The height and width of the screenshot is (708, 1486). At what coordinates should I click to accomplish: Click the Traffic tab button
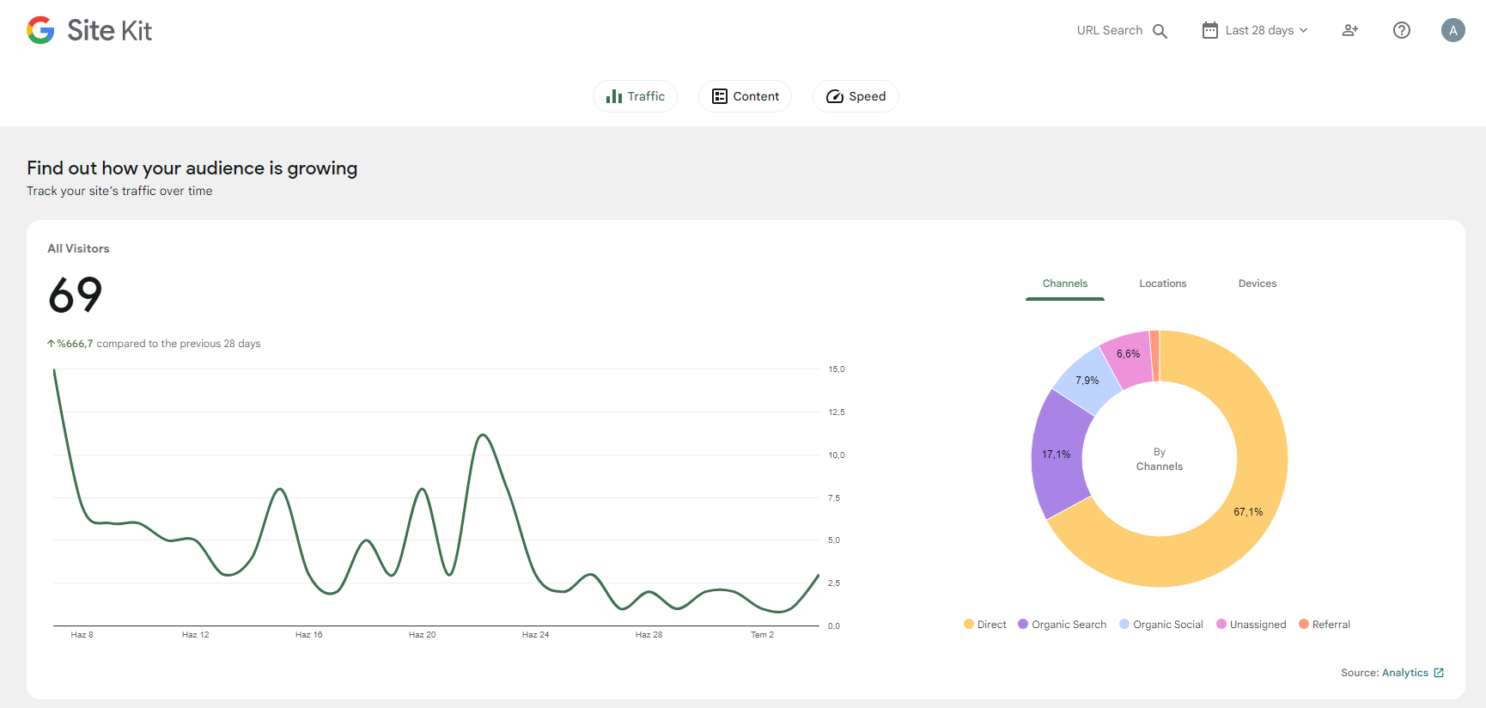tap(635, 96)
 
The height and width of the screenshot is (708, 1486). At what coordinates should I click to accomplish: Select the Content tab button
tap(745, 96)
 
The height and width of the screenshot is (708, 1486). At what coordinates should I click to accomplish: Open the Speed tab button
tap(856, 96)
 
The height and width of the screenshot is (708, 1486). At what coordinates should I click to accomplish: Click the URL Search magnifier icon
tap(1160, 31)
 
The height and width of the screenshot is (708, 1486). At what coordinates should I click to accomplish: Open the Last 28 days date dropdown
tap(1255, 30)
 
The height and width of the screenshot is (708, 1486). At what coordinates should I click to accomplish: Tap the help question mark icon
tap(1402, 30)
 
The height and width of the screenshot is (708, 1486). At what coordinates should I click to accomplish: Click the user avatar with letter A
tap(1453, 30)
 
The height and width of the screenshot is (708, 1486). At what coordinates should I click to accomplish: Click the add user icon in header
tap(1350, 30)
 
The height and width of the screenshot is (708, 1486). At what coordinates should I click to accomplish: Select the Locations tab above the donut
tap(1163, 284)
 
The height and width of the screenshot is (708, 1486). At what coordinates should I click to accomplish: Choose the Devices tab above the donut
tap(1258, 284)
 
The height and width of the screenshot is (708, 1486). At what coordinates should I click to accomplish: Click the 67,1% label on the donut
tap(1248, 512)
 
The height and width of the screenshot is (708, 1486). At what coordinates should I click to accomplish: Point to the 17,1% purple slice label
tap(1057, 455)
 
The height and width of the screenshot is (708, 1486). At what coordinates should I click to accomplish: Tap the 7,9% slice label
tap(1087, 381)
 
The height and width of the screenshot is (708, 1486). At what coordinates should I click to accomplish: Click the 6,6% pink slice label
tap(1129, 354)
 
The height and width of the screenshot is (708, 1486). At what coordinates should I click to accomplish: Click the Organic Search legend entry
tap(1063, 625)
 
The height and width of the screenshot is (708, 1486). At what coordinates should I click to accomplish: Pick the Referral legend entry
tap(1325, 625)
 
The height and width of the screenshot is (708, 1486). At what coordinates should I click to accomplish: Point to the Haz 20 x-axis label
tap(422, 635)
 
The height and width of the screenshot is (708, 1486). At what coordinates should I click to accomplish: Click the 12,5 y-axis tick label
tap(837, 412)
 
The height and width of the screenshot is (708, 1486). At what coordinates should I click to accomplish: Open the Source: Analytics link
tap(1392, 673)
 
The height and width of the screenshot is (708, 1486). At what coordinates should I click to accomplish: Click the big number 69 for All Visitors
tap(76, 295)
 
